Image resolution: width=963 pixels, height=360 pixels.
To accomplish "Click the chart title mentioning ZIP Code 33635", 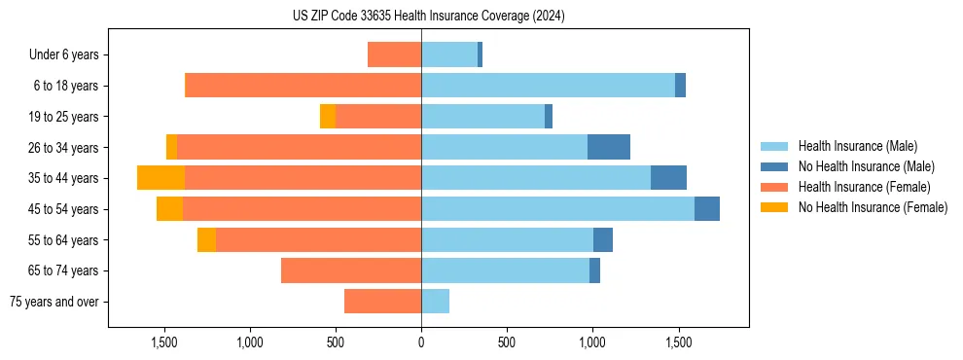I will (x=428, y=16).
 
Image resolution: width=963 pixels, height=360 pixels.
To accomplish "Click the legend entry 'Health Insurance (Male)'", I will (x=857, y=146).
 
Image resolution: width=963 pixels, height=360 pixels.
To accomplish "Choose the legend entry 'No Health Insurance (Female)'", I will (x=873, y=207).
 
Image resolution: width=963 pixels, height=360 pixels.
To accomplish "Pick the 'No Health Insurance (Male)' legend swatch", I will (x=774, y=166).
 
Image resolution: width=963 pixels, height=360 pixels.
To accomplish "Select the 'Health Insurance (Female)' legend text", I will (x=861, y=187).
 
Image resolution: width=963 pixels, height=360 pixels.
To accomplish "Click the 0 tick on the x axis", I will (x=421, y=342).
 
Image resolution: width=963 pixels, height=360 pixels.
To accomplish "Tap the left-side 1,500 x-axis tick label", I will (x=163, y=342).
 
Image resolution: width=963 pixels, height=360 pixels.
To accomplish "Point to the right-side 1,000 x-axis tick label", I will (x=592, y=342).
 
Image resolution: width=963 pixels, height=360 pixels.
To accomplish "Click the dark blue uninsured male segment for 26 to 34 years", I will (x=609, y=147).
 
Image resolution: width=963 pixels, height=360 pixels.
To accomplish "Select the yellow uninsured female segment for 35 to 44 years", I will (x=160, y=178).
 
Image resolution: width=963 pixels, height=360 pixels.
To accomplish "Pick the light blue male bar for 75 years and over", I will (x=435, y=302).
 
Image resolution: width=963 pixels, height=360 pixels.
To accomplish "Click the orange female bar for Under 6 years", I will (x=394, y=54).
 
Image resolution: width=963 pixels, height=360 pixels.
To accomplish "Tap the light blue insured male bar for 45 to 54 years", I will (x=557, y=209).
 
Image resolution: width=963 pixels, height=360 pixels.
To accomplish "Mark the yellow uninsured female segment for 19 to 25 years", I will (x=328, y=117).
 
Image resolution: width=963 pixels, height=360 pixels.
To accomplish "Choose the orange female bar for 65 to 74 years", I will (x=351, y=270).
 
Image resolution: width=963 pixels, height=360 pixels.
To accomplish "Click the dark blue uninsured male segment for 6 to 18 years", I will (x=680, y=86).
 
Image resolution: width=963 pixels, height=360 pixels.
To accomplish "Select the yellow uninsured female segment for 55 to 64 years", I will (x=206, y=239).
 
